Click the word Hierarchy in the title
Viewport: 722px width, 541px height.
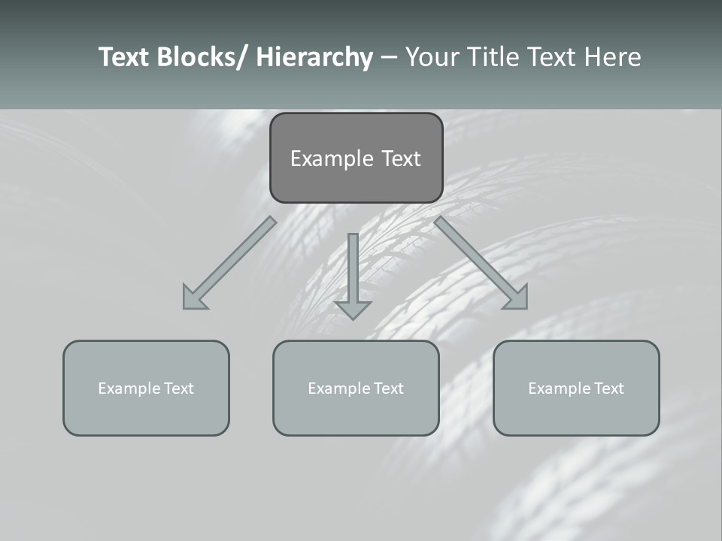(x=314, y=57)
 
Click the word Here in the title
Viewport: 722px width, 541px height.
(x=613, y=57)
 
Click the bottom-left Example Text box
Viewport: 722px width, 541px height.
(x=146, y=388)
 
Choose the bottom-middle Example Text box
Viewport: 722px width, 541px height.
(x=356, y=388)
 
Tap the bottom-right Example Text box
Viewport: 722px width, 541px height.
(x=576, y=388)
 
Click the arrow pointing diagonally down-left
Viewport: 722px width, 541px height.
(x=229, y=263)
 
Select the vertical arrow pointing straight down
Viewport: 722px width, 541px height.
(x=353, y=270)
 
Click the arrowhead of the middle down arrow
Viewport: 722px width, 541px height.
(x=353, y=310)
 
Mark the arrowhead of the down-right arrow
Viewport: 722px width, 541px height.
(x=517, y=299)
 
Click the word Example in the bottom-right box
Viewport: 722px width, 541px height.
(x=555, y=388)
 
